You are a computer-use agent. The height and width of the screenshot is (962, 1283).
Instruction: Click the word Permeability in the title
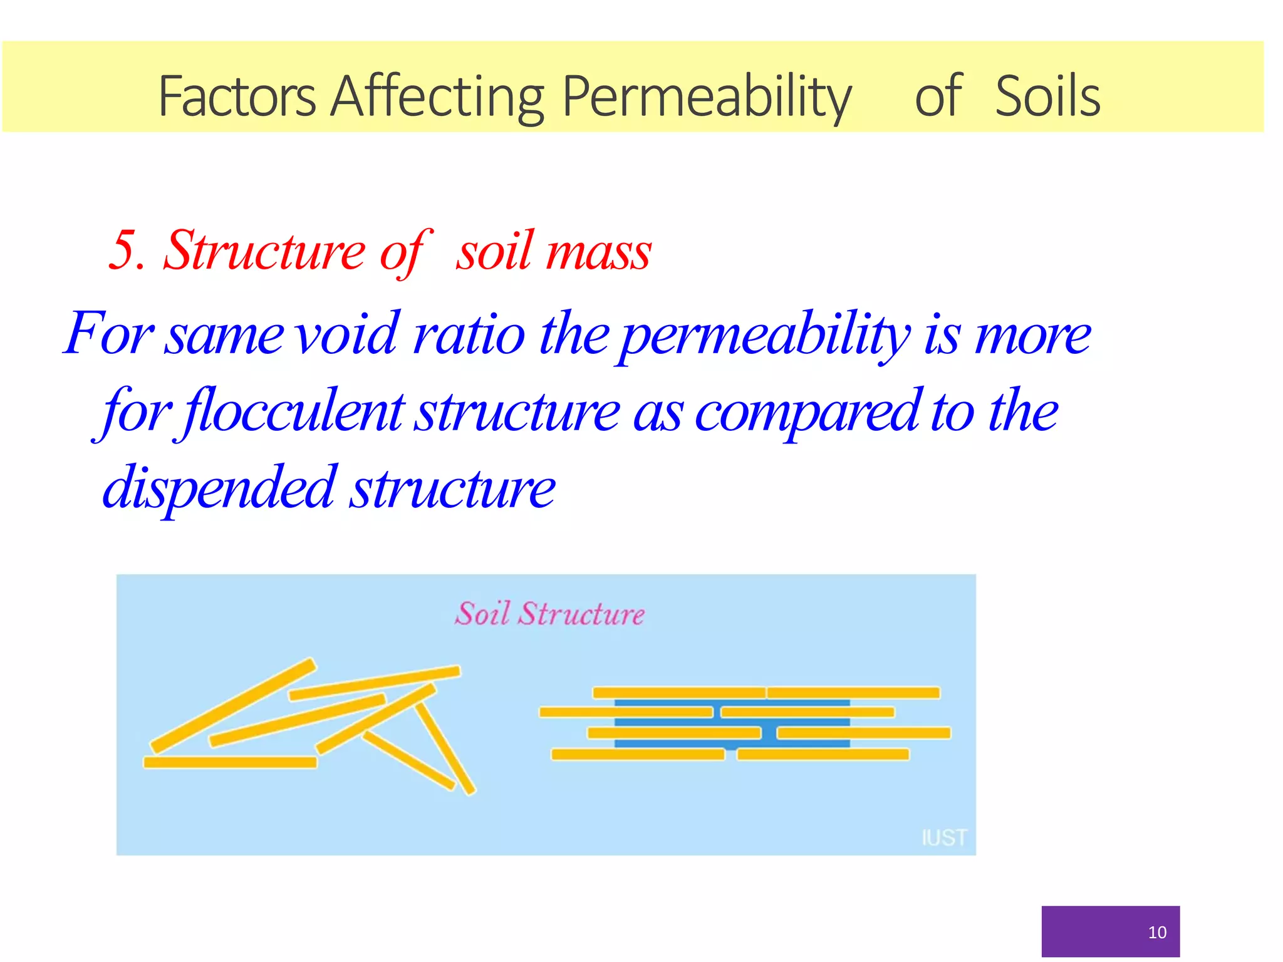pyautogui.click(x=707, y=97)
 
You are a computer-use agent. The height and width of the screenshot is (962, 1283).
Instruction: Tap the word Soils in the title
pyautogui.click(x=1047, y=97)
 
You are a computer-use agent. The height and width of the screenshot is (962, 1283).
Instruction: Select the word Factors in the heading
pyautogui.click(x=237, y=97)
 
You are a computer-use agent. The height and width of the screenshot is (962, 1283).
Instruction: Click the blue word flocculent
pyautogui.click(x=294, y=412)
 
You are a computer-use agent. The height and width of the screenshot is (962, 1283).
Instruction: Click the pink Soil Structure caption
pyautogui.click(x=549, y=614)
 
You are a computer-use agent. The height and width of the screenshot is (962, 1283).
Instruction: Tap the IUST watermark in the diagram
pyautogui.click(x=943, y=837)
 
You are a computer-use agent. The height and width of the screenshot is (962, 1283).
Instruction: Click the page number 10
pyautogui.click(x=1156, y=933)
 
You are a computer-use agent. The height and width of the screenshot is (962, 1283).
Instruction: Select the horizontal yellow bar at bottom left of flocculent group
pyautogui.click(x=230, y=762)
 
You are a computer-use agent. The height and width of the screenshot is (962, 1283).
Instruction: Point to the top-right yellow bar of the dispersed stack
pyautogui.click(x=853, y=693)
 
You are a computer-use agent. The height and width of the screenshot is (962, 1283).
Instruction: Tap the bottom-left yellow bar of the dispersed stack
pyautogui.click(x=638, y=755)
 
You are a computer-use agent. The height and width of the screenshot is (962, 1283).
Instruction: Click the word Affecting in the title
pyautogui.click(x=437, y=97)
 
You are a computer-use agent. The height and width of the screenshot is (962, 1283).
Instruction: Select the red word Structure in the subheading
pyautogui.click(x=264, y=251)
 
